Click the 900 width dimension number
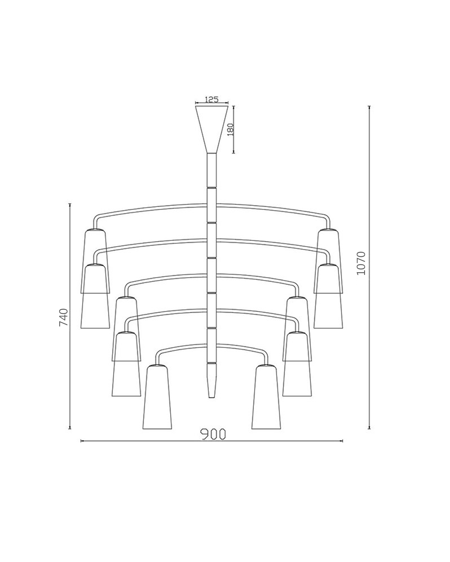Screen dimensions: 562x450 (x=213, y=434)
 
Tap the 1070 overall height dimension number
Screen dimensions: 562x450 (x=361, y=263)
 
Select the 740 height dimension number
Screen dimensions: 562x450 (x=64, y=317)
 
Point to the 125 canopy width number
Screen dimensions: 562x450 (x=211, y=99)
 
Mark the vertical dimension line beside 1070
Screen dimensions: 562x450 (x=369, y=267)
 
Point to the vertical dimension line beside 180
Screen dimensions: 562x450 (x=234, y=129)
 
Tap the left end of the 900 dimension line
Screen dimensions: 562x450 (x=81, y=441)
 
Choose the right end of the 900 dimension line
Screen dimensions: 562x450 (x=343, y=441)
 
